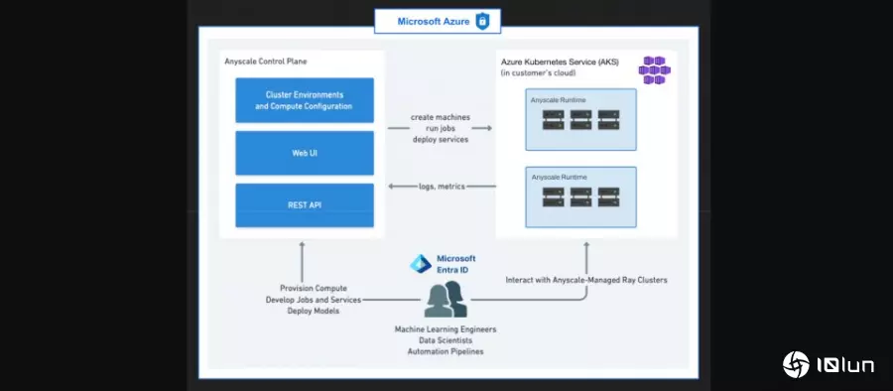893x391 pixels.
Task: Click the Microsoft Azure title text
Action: point(433,21)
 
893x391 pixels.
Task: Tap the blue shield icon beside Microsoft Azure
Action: point(482,21)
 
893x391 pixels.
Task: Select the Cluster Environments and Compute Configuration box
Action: point(304,100)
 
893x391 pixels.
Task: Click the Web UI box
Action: point(304,153)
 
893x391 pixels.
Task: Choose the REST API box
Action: point(304,205)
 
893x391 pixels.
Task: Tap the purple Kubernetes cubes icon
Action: point(654,69)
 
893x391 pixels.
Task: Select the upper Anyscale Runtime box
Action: point(580,119)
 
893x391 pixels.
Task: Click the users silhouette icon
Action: point(445,300)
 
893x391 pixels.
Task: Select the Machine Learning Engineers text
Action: point(445,328)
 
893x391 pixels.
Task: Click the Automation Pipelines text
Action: point(445,351)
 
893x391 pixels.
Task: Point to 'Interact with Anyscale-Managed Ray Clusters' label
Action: point(586,281)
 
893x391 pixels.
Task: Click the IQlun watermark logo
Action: point(829,364)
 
